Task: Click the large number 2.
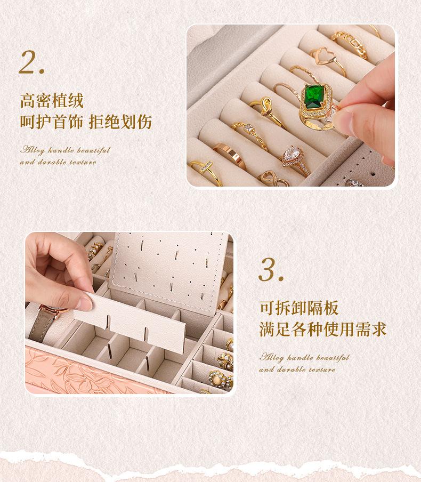click(31, 62)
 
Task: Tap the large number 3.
click(271, 270)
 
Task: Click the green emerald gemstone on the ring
click(313, 97)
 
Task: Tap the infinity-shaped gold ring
click(272, 179)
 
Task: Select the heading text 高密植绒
click(52, 101)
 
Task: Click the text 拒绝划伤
click(120, 122)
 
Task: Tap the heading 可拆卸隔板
click(298, 308)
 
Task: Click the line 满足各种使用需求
click(322, 329)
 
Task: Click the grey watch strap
click(42, 326)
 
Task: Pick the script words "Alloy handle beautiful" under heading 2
click(65, 150)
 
